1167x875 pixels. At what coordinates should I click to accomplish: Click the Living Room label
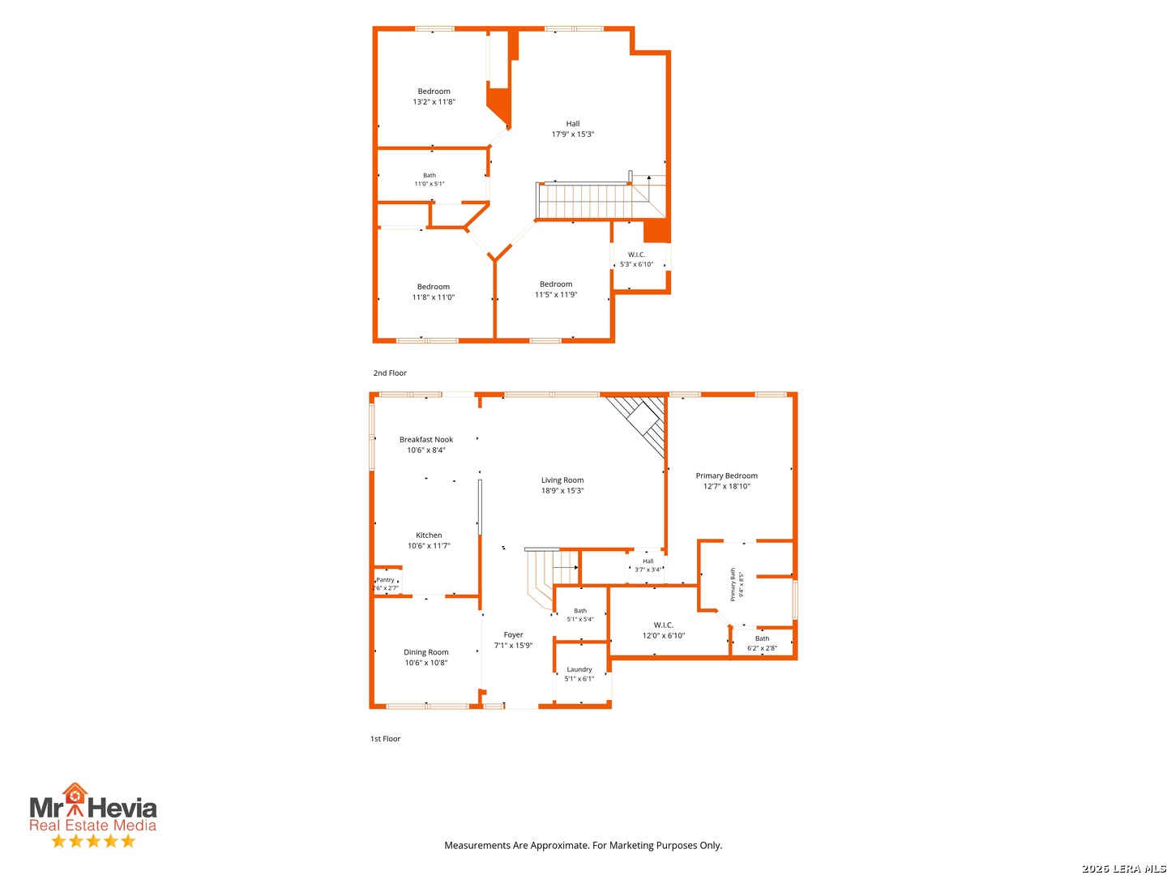(x=562, y=480)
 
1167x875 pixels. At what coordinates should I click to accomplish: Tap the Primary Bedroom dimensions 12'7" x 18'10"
(x=726, y=485)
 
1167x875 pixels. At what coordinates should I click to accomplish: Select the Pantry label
(x=385, y=579)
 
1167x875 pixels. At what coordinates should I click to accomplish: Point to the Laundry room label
(x=579, y=669)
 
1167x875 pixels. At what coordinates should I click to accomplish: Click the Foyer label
(x=513, y=634)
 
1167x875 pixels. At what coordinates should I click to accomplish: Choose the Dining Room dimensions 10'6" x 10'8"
(x=425, y=662)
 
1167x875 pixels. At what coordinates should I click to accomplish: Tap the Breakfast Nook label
(x=425, y=439)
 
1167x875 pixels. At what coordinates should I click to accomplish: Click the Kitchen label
(x=429, y=535)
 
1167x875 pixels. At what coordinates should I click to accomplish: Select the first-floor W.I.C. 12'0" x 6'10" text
(x=663, y=630)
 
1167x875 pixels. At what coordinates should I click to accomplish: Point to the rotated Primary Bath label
(x=733, y=584)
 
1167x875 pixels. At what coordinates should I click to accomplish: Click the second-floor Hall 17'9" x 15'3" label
(x=573, y=129)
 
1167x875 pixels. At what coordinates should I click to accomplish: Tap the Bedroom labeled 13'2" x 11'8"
(x=434, y=96)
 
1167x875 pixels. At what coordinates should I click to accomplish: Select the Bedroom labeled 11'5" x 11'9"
(x=556, y=289)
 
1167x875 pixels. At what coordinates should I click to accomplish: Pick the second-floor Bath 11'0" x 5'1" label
(x=429, y=179)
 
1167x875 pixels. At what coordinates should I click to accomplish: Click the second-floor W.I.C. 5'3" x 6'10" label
(x=636, y=259)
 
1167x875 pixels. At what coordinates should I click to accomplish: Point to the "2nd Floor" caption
(x=390, y=373)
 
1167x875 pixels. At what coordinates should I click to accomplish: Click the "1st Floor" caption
(x=385, y=738)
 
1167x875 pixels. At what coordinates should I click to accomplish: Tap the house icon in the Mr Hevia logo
(x=75, y=796)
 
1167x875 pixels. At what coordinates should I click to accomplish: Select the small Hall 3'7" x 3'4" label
(x=648, y=565)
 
